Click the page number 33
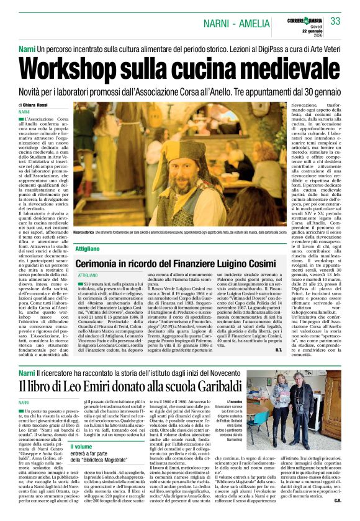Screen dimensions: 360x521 click(x=335, y=22)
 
